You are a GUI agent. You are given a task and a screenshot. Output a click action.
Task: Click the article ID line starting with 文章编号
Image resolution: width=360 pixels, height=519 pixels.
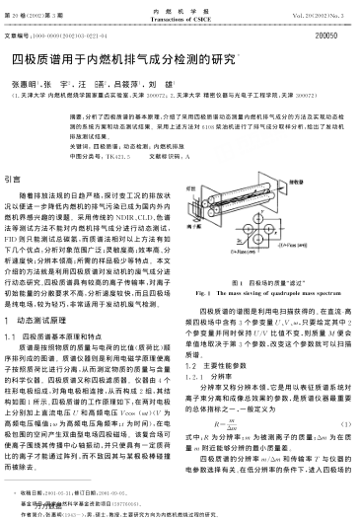(x=59, y=36)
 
